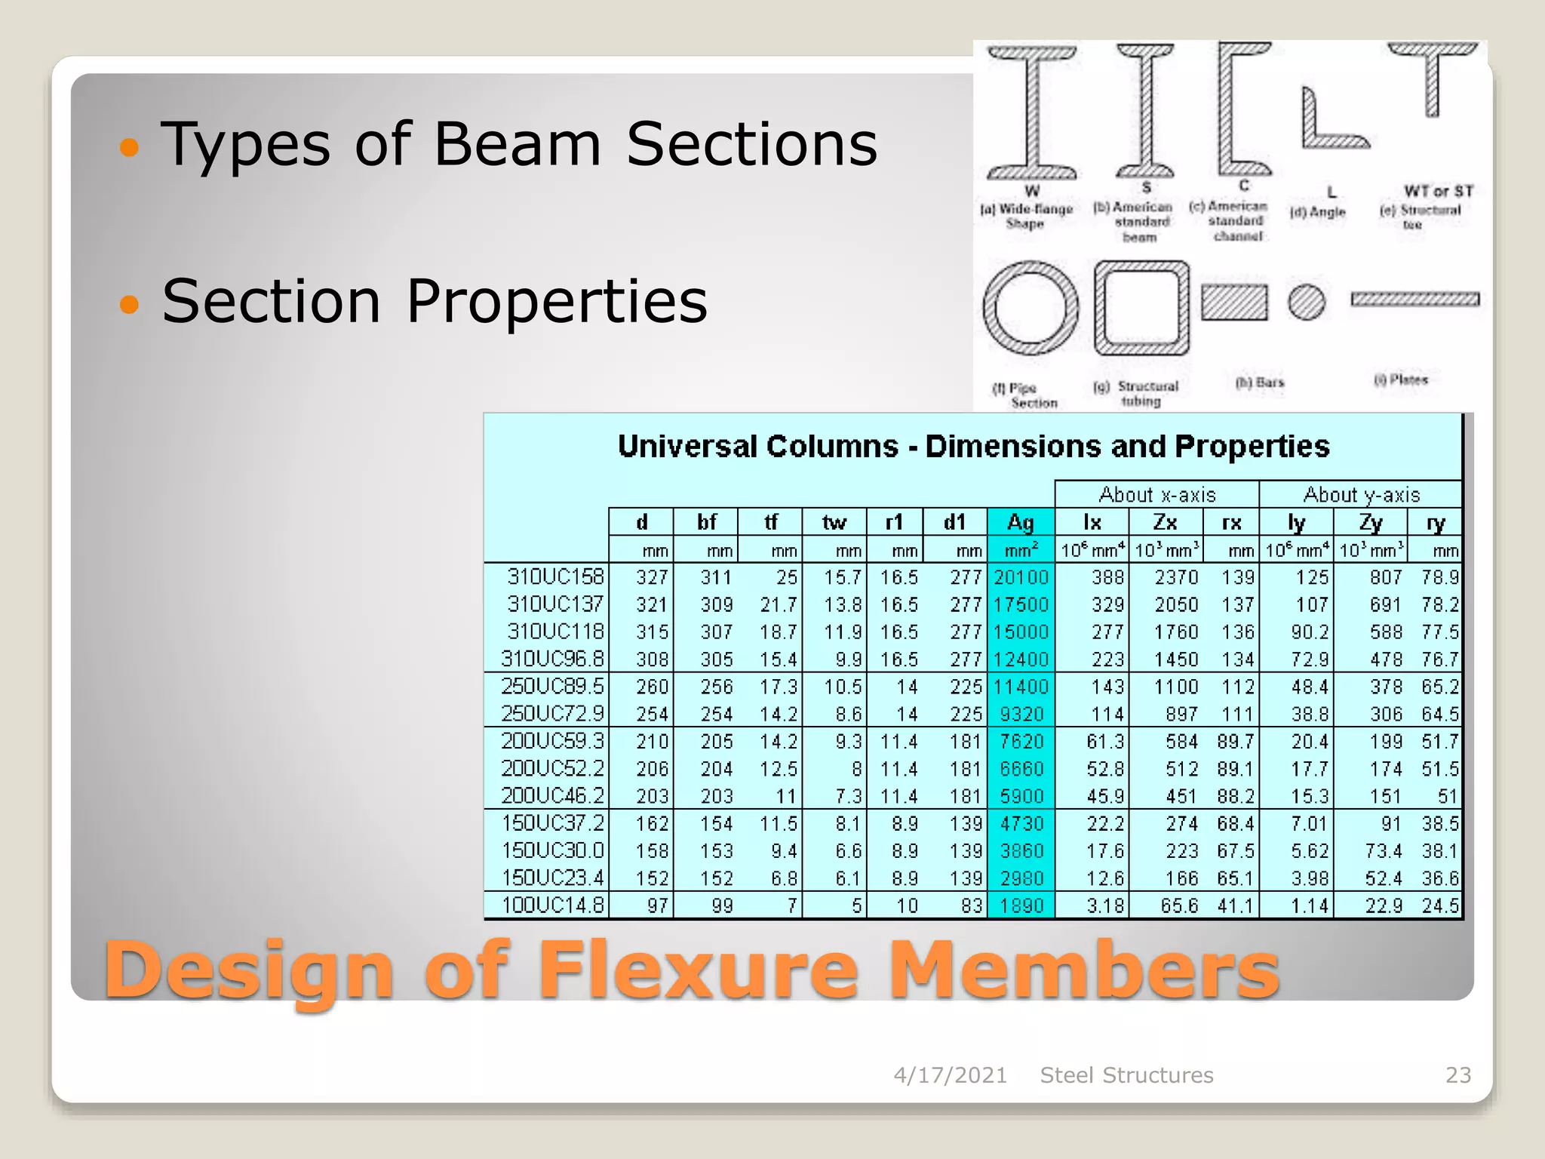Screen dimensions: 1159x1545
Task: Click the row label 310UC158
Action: tap(555, 577)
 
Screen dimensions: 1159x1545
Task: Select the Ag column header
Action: tap(1020, 522)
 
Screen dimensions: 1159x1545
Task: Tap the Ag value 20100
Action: tap(1021, 577)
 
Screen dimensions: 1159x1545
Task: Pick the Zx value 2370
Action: tap(1175, 577)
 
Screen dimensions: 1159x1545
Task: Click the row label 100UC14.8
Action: tap(553, 905)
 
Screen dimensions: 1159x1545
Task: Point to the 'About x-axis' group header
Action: tap(1157, 495)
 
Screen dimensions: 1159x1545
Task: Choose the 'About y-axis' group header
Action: tap(1361, 495)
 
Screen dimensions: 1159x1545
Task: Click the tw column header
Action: tap(834, 522)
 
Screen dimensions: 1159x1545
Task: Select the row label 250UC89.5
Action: tap(553, 687)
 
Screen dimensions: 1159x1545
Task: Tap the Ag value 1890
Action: tap(1021, 905)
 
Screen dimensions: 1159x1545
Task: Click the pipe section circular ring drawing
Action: tap(1031, 308)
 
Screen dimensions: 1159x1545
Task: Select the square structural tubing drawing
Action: tap(1141, 308)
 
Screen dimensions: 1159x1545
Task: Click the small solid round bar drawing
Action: tap(1307, 303)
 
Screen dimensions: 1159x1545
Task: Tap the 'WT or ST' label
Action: tap(1438, 192)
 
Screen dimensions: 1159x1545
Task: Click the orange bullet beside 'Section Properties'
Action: tap(130, 303)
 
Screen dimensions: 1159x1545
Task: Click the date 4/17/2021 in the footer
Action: tap(950, 1075)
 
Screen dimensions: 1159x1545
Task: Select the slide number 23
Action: tap(1457, 1075)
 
